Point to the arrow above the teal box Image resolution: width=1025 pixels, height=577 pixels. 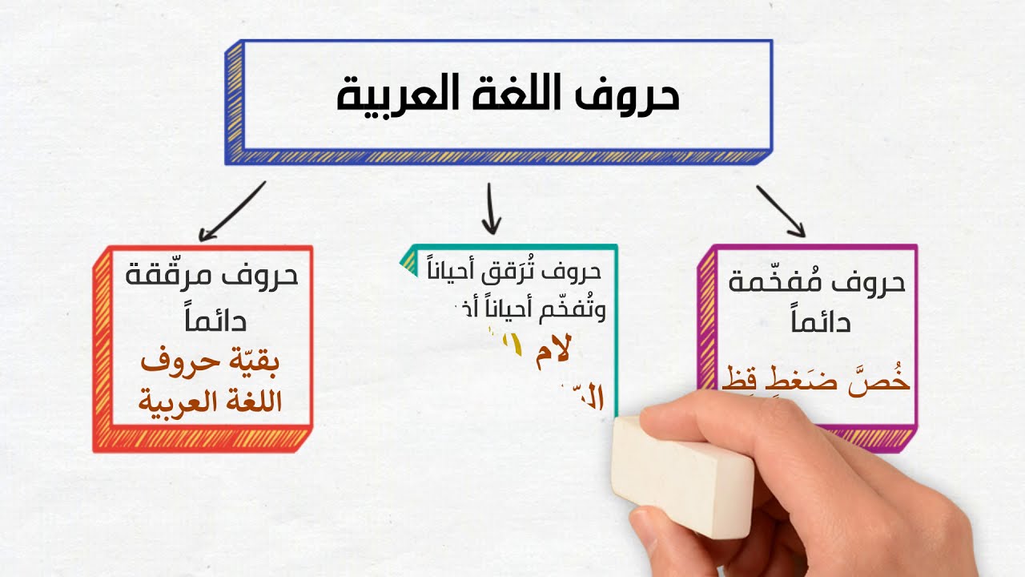point(491,208)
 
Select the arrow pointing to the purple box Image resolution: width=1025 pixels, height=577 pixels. point(780,212)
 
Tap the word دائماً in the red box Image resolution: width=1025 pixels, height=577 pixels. point(212,321)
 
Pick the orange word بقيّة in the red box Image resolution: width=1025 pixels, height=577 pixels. point(250,362)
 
